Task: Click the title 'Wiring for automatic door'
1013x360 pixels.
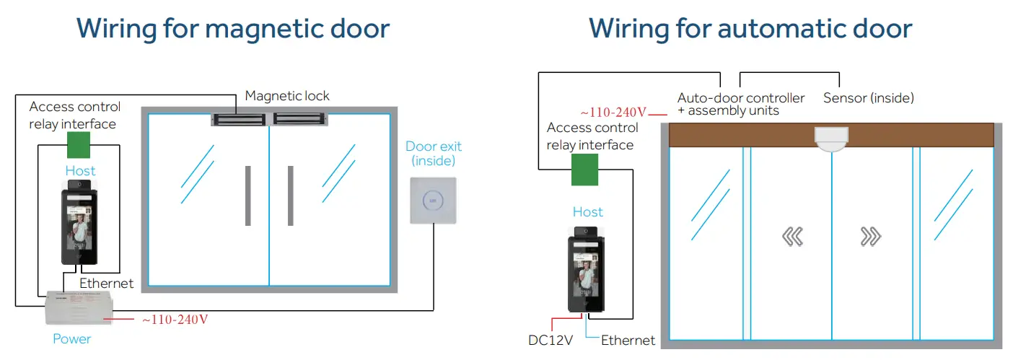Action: [750, 29]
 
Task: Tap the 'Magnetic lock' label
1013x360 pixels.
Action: [287, 96]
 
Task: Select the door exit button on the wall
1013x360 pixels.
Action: [433, 200]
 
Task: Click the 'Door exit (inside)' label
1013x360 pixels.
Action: [433, 153]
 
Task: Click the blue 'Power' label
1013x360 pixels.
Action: [72, 338]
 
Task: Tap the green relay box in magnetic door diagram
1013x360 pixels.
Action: [79, 145]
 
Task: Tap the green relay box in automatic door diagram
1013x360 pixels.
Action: [584, 170]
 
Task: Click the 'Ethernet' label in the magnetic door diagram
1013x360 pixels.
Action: [106, 284]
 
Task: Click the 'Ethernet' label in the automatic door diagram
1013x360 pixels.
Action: [628, 341]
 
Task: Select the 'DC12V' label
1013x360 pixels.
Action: [551, 341]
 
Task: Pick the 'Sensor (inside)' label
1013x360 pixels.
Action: [868, 97]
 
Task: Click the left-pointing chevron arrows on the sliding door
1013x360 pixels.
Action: [793, 237]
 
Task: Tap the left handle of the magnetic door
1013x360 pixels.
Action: [248, 195]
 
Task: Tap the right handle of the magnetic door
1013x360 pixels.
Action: [290, 195]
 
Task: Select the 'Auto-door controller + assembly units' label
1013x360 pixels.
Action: [740, 104]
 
